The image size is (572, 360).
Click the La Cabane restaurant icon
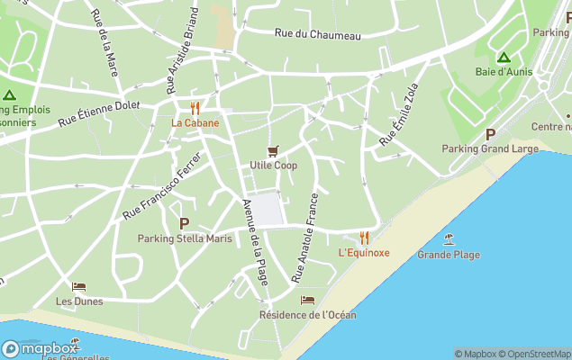click(195, 108)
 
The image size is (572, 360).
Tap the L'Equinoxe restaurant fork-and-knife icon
click(364, 238)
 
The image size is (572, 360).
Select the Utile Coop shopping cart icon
click(273, 150)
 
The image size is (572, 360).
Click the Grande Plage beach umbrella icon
click(449, 239)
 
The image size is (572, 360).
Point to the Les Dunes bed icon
click(78, 287)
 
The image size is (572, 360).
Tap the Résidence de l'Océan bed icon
click(307, 300)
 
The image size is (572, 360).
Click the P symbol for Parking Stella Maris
click(185, 223)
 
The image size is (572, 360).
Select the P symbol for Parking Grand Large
click(490, 133)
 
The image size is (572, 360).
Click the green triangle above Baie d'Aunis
click(504, 57)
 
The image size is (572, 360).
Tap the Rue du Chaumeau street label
click(317, 34)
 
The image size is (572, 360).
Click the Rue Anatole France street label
click(305, 238)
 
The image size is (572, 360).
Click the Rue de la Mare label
click(105, 42)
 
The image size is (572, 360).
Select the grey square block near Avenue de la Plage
click(267, 210)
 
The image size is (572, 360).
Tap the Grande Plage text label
click(449, 255)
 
